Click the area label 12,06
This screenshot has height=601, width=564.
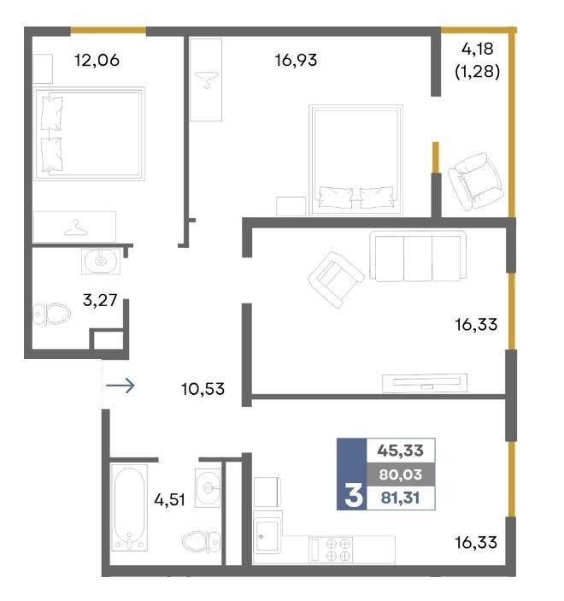pyautogui.click(x=97, y=60)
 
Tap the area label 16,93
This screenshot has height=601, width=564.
pyautogui.click(x=296, y=60)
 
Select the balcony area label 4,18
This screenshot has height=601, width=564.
pyautogui.click(x=478, y=49)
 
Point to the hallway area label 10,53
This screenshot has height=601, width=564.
pyautogui.click(x=203, y=389)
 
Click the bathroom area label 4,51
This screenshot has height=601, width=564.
pyautogui.click(x=170, y=500)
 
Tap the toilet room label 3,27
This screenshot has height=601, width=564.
pyautogui.click(x=100, y=300)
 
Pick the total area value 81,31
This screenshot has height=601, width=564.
pyautogui.click(x=401, y=498)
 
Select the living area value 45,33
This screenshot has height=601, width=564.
pyautogui.click(x=401, y=451)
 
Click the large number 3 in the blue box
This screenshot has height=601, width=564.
pyautogui.click(x=353, y=495)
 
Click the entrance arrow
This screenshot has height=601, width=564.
pyautogui.click(x=120, y=386)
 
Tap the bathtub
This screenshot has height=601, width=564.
pyautogui.click(x=129, y=508)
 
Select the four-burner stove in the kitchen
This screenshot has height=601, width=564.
pyautogui.click(x=331, y=550)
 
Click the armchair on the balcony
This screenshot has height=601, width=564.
pyautogui.click(x=475, y=182)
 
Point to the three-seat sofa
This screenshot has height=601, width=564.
pyautogui.click(x=418, y=256)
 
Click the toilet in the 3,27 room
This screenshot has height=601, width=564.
pyautogui.click(x=51, y=314)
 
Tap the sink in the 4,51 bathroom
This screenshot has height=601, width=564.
pyautogui.click(x=208, y=488)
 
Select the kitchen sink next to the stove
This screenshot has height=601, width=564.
pyautogui.click(x=267, y=533)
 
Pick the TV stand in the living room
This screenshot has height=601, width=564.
pyautogui.click(x=425, y=383)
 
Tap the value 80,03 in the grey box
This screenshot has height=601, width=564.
pyautogui.click(x=401, y=474)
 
